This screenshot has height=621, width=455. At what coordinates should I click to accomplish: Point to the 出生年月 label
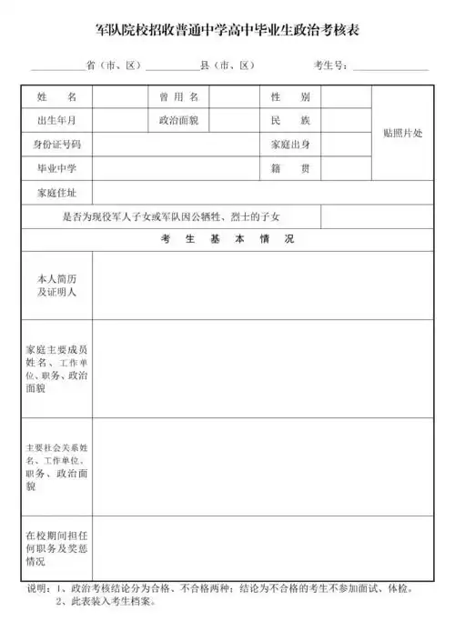56,120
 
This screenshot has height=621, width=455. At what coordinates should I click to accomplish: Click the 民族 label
290,120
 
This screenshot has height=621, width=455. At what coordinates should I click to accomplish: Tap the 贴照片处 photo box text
402,133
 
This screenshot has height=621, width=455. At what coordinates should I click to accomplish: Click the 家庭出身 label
290,145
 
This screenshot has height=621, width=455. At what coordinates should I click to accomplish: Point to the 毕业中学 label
56,169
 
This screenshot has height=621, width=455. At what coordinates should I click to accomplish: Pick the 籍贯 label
290,169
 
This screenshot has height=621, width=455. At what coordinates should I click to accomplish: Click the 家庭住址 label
56,193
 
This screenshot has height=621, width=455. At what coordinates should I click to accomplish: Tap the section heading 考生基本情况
227,239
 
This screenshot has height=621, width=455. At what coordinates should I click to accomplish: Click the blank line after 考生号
390,68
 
